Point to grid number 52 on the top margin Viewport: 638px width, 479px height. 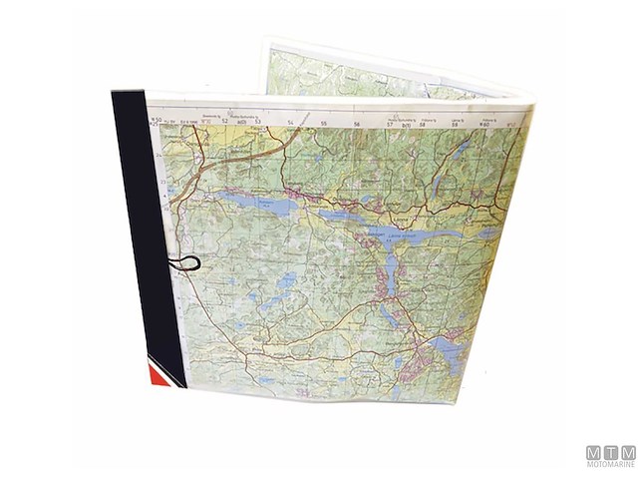click(225, 122)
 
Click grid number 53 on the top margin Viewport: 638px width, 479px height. click(257, 123)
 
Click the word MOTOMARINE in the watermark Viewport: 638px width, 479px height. click(609, 463)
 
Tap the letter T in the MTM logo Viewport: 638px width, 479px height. click(609, 451)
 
